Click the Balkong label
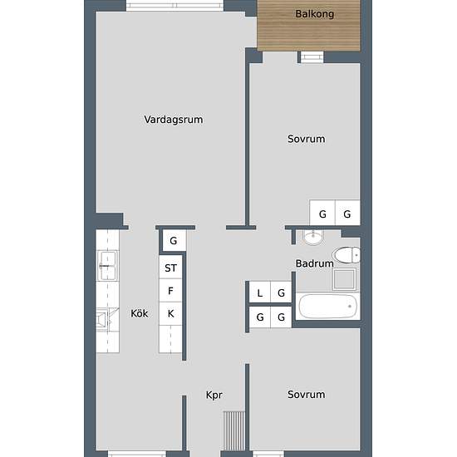coord(314,13)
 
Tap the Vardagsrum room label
coord(174,120)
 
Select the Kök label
coord(140,313)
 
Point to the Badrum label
coord(314,263)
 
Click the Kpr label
coord(214,395)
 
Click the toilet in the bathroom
coord(346,255)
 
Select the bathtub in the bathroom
coord(328,306)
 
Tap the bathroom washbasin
coord(313,237)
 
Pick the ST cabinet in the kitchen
coord(170,268)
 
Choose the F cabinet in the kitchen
coord(170,291)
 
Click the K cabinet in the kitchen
coord(170,313)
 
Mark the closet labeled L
coord(260,292)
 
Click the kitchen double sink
coord(107,265)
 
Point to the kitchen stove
coord(105,320)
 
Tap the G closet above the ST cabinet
coord(174,240)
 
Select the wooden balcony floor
coord(308,26)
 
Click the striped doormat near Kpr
coord(234,430)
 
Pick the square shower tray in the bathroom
coord(344,279)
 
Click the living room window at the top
coord(174,6)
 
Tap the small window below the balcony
coord(312,57)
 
